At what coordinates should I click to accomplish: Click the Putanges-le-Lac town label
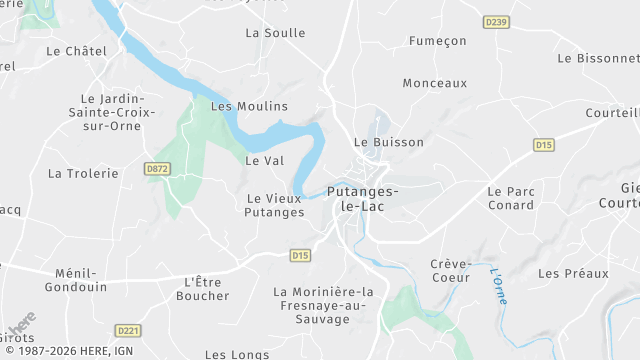pos(364,198)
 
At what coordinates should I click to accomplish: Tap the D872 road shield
pos(157,169)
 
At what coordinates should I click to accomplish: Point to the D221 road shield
pos(127,330)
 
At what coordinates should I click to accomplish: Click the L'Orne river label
pos(497,285)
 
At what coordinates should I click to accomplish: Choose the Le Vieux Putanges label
pos(275,205)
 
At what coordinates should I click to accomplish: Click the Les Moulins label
pos(249,106)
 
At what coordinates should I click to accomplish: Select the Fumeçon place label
pos(438,41)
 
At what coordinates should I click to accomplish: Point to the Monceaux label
pos(435,84)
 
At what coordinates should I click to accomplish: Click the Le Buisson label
pos(390,142)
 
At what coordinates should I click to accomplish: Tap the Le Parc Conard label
pos(511,198)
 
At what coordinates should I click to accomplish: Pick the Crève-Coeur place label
pos(450,271)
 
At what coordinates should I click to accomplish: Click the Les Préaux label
pos(573,273)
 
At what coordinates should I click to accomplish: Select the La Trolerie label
pos(83,173)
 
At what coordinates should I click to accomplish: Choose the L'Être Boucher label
pos(203,289)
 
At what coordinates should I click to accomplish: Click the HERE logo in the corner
pos(20,325)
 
